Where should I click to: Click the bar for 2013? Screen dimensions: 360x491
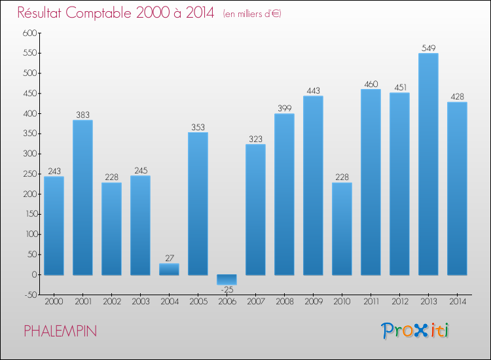pyautogui.click(x=428, y=164)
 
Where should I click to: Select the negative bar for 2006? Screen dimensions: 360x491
pyautogui.click(x=227, y=279)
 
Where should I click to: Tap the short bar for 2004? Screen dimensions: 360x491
pyautogui.click(x=169, y=269)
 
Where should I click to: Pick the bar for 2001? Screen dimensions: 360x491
pyautogui.click(x=82, y=197)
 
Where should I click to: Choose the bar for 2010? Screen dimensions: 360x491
pyautogui.click(x=342, y=228)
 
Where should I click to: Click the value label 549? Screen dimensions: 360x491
pyautogui.click(x=428, y=48)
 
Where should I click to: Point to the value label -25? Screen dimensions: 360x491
pyautogui.click(x=227, y=289)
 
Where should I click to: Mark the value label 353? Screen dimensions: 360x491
pyautogui.click(x=198, y=127)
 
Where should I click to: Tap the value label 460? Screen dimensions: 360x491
pyautogui.click(x=371, y=84)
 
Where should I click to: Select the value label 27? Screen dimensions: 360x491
pyautogui.click(x=169, y=258)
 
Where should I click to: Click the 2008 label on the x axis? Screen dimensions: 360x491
pyautogui.click(x=284, y=302)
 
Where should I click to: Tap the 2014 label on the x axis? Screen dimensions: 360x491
pyautogui.click(x=457, y=302)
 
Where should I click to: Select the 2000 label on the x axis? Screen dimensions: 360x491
pyautogui.click(x=54, y=302)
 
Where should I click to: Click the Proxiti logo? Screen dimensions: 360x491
pyautogui.click(x=415, y=331)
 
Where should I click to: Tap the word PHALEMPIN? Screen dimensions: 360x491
pyautogui.click(x=60, y=331)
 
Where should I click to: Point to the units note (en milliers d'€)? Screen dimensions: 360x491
pyautogui.click(x=252, y=14)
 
